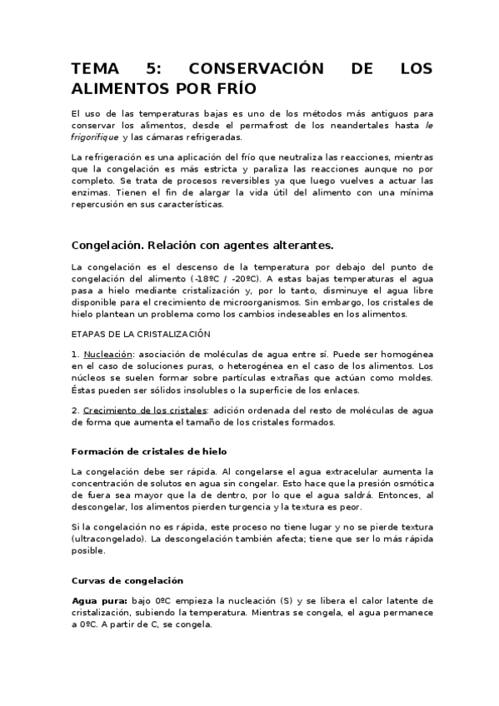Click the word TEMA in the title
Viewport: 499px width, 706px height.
(x=97, y=68)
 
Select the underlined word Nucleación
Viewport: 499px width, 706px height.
(x=109, y=354)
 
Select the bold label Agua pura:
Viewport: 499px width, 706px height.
(x=99, y=600)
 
